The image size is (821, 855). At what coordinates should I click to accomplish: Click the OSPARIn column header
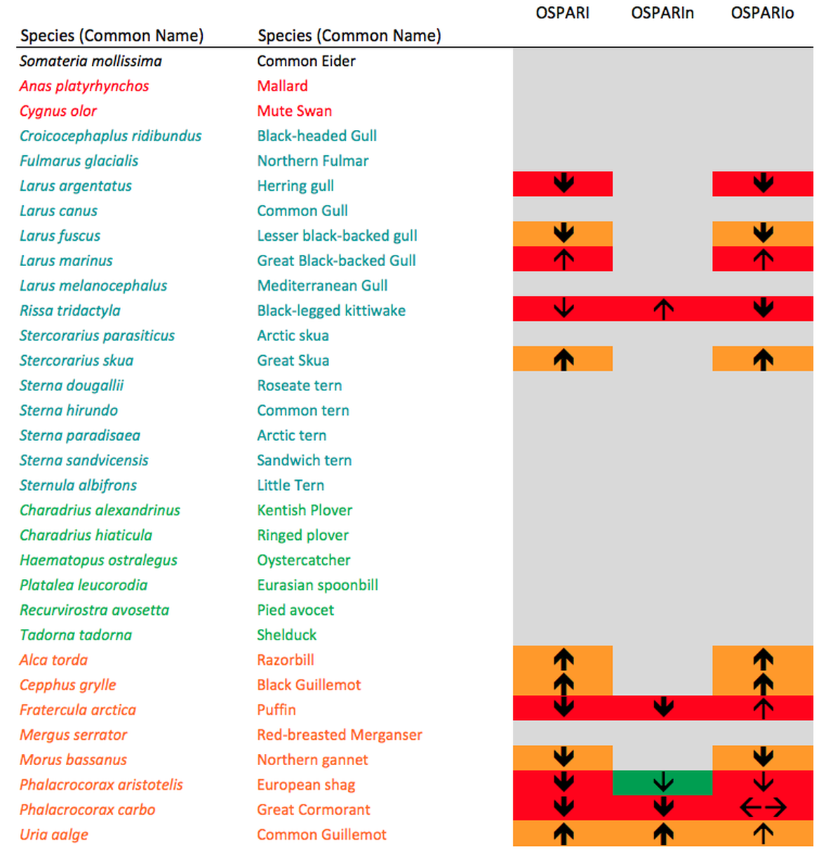(662, 13)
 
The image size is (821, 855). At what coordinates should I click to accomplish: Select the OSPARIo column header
(762, 13)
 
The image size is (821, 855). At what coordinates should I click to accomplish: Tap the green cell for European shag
(662, 783)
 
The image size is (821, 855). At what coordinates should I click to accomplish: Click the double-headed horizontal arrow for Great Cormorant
(763, 809)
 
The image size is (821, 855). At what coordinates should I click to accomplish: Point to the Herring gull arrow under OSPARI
(563, 184)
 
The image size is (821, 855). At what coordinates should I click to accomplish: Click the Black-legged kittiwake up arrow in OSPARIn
(663, 309)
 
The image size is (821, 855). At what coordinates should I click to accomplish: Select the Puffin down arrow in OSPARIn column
(663, 708)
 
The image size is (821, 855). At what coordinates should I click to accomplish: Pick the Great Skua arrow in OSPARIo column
(763, 359)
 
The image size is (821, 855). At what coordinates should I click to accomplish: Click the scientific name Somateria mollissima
(91, 61)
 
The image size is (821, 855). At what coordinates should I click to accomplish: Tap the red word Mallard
(282, 86)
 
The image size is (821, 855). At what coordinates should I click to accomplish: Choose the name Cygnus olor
(58, 111)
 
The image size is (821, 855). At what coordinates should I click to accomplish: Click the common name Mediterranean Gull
(322, 286)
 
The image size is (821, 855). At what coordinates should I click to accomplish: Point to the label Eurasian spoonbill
(317, 585)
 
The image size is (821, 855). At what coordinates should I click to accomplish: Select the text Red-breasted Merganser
(340, 734)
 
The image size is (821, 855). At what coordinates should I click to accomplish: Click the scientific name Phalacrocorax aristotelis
(101, 784)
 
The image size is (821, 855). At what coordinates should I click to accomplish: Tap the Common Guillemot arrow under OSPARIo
(763, 834)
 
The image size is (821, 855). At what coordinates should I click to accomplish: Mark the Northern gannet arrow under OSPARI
(563, 757)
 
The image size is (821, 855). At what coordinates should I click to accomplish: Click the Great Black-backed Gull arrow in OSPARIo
(763, 260)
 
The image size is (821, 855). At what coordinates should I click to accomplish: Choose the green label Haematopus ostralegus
(98, 560)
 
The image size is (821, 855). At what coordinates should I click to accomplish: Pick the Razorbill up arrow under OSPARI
(563, 658)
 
